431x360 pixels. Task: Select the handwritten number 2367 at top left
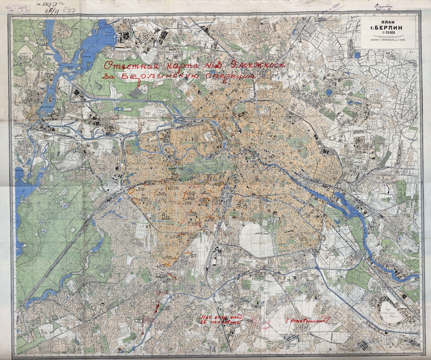pyautogui.click(x=71, y=11)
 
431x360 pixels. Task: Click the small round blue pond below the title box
pyautogui.click(x=357, y=55)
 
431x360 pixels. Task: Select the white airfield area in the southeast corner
pyautogui.click(x=390, y=311)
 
